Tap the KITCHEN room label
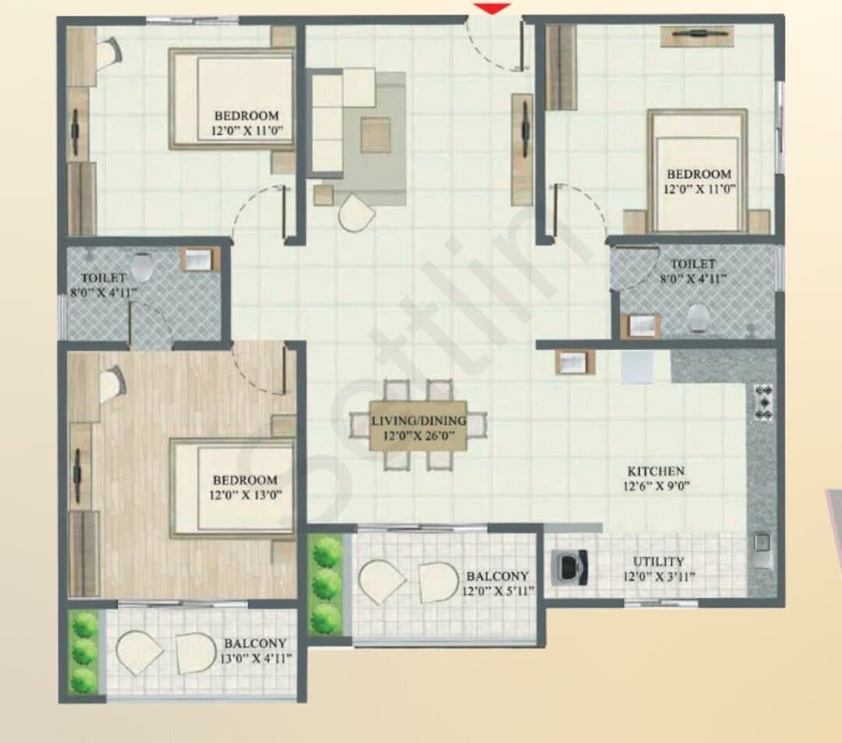656,472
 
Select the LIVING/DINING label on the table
419,420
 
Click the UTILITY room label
658,561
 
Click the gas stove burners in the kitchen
763,402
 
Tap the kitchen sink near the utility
762,549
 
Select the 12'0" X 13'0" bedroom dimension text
246,494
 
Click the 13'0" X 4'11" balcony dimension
256,658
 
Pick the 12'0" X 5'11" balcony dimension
498,591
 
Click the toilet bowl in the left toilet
143,267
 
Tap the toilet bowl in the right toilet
699,317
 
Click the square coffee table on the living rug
375,136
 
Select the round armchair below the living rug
356,213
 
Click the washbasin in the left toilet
200,260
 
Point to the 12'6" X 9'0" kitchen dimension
656,486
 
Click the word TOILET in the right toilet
693,264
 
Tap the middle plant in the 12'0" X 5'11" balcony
327,584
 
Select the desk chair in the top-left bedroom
111,52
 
